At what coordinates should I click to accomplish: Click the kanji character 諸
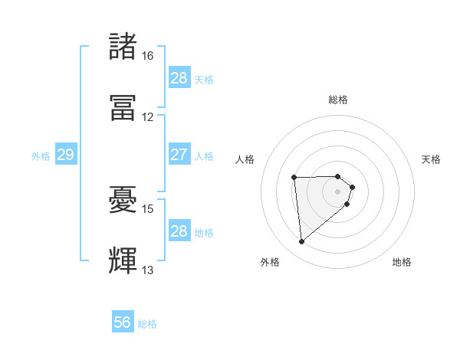tap(124, 47)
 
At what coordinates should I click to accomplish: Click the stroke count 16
tap(147, 56)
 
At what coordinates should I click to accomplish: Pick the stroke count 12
tap(147, 117)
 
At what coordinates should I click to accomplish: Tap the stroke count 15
tap(147, 208)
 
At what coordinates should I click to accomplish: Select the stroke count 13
tap(147, 270)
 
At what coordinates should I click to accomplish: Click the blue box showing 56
tap(123, 322)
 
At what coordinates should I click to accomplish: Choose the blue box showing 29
tap(65, 155)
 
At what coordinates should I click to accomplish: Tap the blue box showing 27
tap(179, 155)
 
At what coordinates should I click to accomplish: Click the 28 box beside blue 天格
tap(179, 78)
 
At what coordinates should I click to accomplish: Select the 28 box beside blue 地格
tap(179, 231)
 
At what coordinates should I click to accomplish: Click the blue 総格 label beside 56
tap(147, 324)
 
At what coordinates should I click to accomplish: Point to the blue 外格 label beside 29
tap(41, 156)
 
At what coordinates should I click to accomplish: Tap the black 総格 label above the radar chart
tap(338, 100)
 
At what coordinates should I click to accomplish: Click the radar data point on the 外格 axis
tap(302, 242)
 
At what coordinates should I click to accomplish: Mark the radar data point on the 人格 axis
tap(294, 178)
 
